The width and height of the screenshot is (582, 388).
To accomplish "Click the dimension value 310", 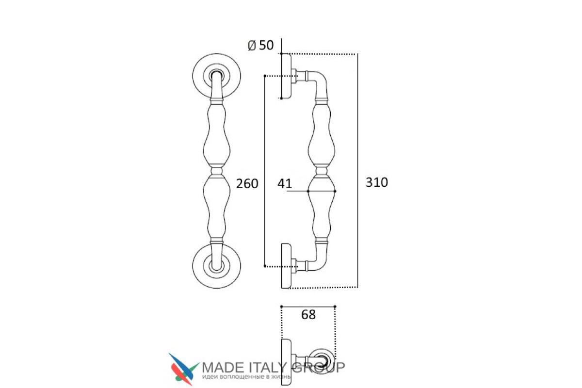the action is (376, 182).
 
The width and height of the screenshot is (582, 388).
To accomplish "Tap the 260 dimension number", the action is (247, 184).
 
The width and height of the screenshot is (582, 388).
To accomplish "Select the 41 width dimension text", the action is (285, 184).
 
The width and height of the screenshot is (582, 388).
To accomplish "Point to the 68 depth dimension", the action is (308, 315).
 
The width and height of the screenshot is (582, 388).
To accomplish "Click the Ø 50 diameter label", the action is (260, 45).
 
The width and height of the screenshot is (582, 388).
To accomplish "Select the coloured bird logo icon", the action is (183, 369).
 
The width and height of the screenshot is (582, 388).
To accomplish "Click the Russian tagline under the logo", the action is (246, 377).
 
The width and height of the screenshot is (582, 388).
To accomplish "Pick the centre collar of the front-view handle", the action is (217, 171).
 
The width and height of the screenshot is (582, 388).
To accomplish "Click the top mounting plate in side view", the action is (286, 76).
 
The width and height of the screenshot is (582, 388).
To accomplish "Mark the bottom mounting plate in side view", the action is (286, 266).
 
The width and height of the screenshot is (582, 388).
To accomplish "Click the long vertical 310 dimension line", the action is (358, 171).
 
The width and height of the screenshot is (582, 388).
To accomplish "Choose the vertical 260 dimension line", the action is (265, 171).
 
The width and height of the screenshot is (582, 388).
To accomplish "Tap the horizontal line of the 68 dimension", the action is (308, 307).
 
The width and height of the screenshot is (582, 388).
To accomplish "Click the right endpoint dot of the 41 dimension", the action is (335, 191).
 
